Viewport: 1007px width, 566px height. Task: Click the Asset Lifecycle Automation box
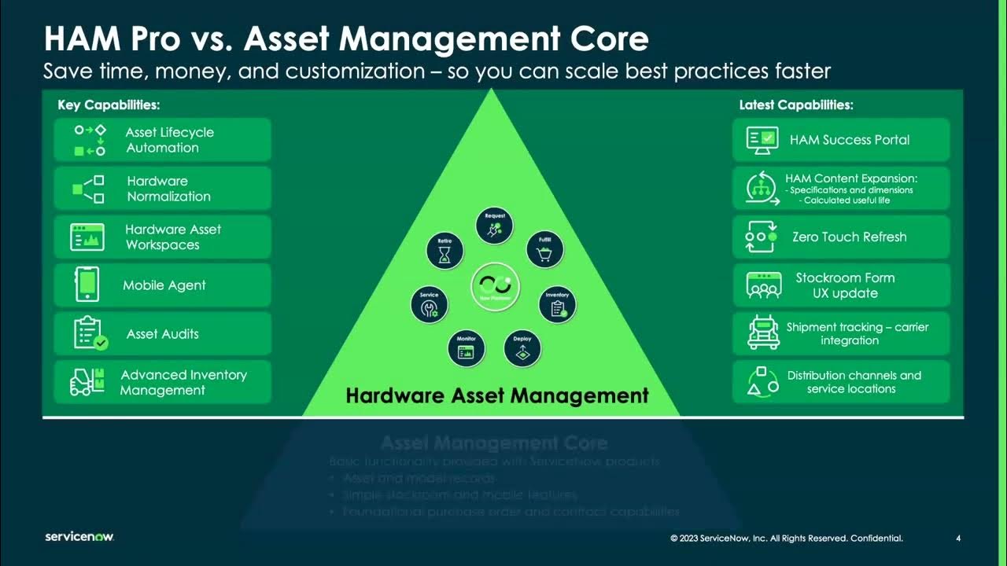(x=162, y=140)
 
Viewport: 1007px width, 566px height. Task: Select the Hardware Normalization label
(x=168, y=189)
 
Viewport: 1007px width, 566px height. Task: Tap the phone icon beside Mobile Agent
(x=87, y=285)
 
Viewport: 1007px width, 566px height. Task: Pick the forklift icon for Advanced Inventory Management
(x=87, y=382)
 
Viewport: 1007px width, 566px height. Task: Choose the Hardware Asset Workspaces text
(x=173, y=237)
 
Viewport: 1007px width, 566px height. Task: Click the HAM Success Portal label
(x=849, y=140)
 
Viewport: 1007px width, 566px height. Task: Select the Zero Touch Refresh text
(x=849, y=237)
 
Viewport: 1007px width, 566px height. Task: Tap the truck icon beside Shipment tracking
(x=763, y=333)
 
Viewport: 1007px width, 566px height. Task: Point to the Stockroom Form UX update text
(x=845, y=285)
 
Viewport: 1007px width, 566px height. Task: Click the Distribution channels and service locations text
(x=854, y=382)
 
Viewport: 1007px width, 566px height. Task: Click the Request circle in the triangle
(x=494, y=226)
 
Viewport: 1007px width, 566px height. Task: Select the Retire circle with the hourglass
(x=444, y=251)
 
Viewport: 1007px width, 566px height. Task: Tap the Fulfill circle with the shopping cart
(x=544, y=249)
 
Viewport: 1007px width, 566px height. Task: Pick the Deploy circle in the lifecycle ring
(x=522, y=348)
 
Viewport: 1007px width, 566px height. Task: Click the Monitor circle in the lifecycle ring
(x=466, y=348)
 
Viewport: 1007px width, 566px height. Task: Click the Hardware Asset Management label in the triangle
(x=497, y=395)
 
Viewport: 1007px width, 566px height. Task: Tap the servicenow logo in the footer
(x=79, y=537)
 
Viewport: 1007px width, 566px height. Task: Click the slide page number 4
(x=958, y=538)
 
